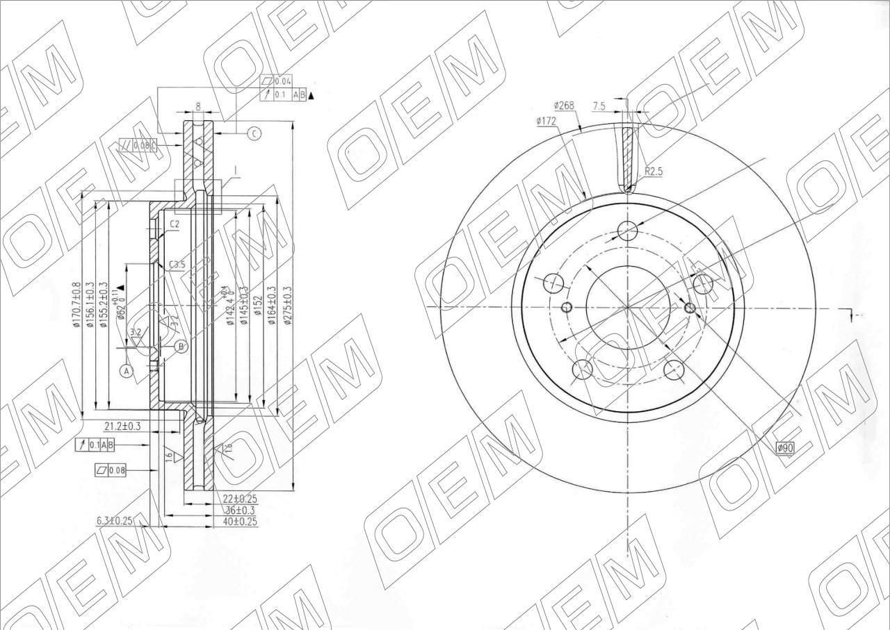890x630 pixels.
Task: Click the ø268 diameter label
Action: pyautogui.click(x=563, y=106)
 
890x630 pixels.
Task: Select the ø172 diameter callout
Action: pyautogui.click(x=547, y=121)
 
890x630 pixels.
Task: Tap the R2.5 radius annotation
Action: pyautogui.click(x=654, y=171)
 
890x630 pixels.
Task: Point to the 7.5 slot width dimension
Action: pyautogui.click(x=599, y=106)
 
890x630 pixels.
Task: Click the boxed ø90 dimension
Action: pyautogui.click(x=785, y=449)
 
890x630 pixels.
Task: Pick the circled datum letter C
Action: pyautogui.click(x=254, y=134)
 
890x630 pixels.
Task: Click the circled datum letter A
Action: pyautogui.click(x=127, y=372)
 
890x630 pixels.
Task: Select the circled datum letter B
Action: pyautogui.click(x=181, y=346)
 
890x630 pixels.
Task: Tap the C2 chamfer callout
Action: pyautogui.click(x=175, y=224)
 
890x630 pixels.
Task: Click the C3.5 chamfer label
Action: pyautogui.click(x=177, y=265)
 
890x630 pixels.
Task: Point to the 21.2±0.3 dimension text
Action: pyautogui.click(x=122, y=426)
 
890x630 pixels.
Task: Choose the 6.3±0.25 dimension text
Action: pyautogui.click(x=114, y=520)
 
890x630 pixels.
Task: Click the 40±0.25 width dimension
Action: pyautogui.click(x=240, y=520)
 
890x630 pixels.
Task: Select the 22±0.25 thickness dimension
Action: pyautogui.click(x=241, y=498)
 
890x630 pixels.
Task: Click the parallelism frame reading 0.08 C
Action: pyautogui.click(x=138, y=145)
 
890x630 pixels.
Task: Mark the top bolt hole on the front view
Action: pyautogui.click(x=628, y=231)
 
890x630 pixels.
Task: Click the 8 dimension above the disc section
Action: pyautogui.click(x=198, y=106)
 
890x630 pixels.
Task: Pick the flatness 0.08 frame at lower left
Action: pyautogui.click(x=111, y=471)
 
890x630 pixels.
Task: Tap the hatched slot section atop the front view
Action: pyautogui.click(x=628, y=156)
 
